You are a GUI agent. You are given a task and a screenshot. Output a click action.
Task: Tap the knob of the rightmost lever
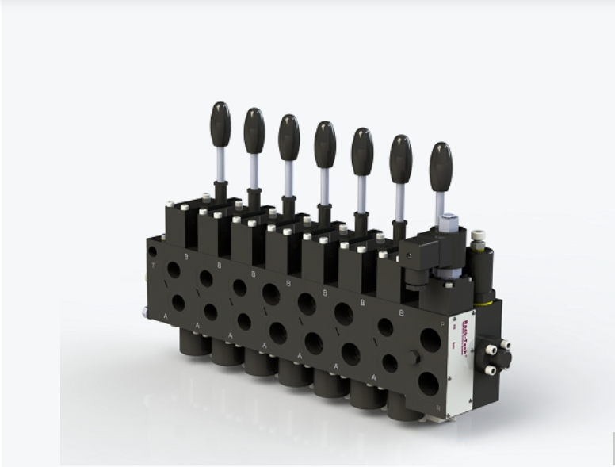[441, 164]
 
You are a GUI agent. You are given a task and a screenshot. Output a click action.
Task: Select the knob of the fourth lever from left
[325, 143]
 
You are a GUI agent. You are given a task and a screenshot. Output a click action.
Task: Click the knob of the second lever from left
[254, 130]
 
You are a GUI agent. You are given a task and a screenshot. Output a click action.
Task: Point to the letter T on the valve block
[152, 266]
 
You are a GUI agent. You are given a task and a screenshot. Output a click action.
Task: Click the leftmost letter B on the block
[186, 256]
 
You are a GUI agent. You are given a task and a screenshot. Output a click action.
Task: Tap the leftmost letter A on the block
[166, 316]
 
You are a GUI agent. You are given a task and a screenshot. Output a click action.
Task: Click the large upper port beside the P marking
[430, 341]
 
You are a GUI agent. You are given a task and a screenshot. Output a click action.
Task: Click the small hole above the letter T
[152, 251]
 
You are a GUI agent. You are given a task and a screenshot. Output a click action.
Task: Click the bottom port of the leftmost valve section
[178, 303]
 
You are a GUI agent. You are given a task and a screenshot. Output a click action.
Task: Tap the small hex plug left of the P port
[412, 356]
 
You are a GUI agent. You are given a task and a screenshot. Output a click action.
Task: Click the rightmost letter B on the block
[401, 312]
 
